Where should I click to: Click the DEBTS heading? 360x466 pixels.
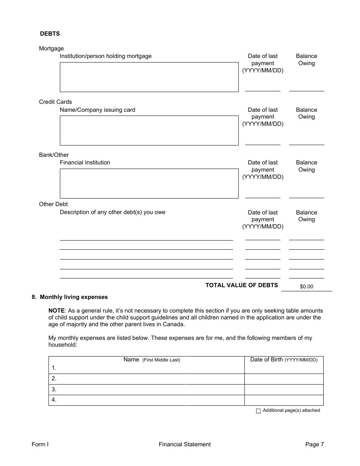coord(50,34)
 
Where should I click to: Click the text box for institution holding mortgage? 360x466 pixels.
coord(149,77)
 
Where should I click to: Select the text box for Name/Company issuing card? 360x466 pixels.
coord(149,130)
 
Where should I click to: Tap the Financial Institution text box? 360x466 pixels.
coord(149,183)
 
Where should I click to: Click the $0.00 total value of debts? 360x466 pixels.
coord(307,287)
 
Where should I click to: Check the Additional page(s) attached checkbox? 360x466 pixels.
coord(258,411)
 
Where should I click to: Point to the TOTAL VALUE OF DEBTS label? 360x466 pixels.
coord(241,285)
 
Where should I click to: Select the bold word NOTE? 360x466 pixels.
coord(56,310)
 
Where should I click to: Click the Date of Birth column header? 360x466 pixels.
coord(283,360)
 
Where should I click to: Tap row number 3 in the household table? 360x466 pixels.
coord(54,389)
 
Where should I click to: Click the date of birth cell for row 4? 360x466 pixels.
coord(283,400)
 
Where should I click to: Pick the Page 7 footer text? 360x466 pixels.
coord(315,444)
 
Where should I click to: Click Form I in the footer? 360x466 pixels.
coord(40,444)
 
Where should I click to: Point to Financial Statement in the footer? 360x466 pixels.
coord(185,444)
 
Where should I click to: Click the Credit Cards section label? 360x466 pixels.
coord(55,102)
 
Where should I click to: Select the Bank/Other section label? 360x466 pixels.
coord(54,155)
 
